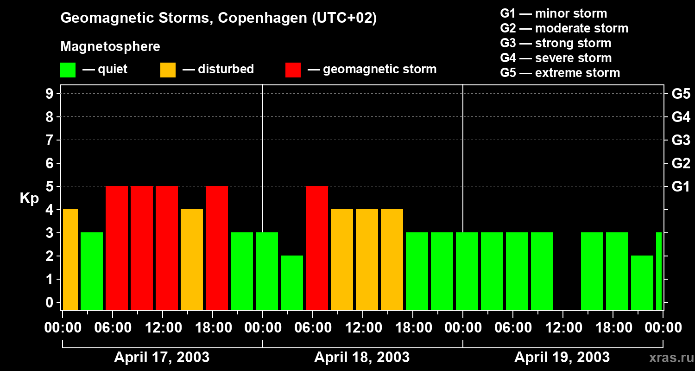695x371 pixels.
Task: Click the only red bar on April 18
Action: (x=317, y=248)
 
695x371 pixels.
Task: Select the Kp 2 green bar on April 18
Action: (x=292, y=282)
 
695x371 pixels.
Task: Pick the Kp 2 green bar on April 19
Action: (x=642, y=282)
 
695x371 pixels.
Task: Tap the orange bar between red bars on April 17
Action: (x=192, y=259)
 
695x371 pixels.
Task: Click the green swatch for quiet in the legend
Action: (x=68, y=70)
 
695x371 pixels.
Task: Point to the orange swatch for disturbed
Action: (x=168, y=70)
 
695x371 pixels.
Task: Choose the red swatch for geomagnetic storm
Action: (x=293, y=70)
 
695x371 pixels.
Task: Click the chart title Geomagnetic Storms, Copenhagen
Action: (x=218, y=18)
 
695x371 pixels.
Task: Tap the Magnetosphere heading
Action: (x=110, y=47)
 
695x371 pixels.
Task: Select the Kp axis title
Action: (x=29, y=198)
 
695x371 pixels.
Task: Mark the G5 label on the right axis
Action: (x=681, y=94)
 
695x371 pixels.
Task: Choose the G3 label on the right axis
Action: (x=681, y=141)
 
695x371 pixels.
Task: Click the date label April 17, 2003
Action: (x=162, y=358)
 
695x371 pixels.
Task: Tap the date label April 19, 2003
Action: (x=562, y=358)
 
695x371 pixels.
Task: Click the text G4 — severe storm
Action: (x=556, y=58)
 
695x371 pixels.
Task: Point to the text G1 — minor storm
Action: (x=554, y=13)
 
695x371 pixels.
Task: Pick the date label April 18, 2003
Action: (x=362, y=358)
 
